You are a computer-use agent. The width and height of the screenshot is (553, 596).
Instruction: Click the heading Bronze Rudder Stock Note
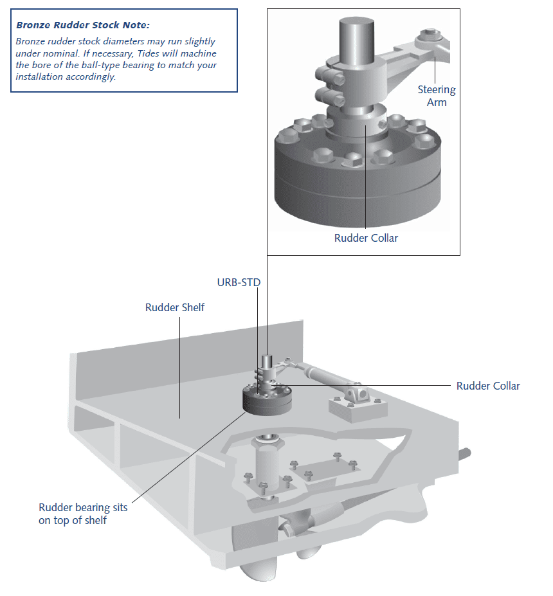(x=82, y=25)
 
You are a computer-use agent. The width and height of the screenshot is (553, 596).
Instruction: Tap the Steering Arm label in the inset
(x=436, y=96)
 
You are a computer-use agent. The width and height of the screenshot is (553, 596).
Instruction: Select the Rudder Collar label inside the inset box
(x=366, y=238)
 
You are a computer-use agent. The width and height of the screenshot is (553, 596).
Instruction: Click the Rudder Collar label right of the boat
(x=488, y=386)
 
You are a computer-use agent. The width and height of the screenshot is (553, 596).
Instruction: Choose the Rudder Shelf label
(x=175, y=307)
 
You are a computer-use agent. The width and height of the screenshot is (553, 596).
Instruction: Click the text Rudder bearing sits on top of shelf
(x=83, y=514)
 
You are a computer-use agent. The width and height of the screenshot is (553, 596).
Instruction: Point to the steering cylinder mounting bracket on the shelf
(x=356, y=401)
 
